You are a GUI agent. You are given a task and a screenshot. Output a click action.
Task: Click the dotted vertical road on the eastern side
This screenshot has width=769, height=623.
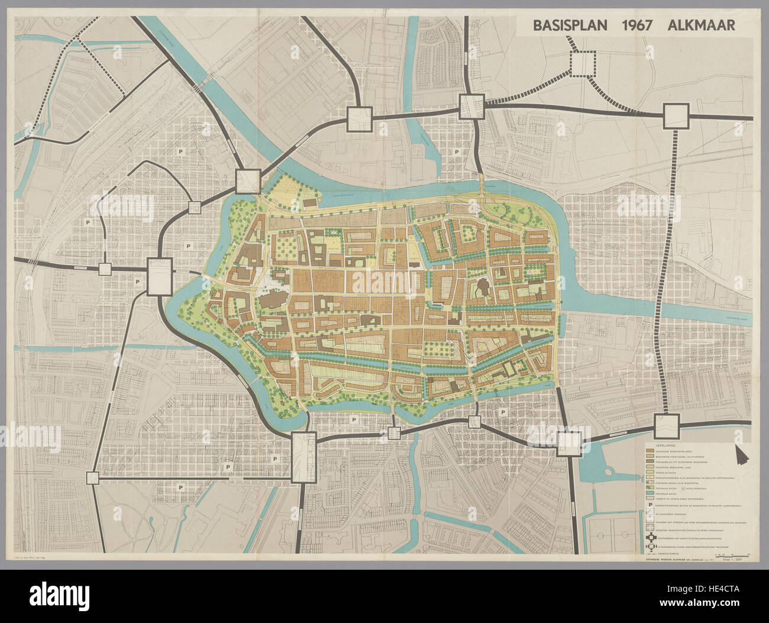click(674, 266)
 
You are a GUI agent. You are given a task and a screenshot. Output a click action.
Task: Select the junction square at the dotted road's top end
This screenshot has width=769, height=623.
click(676, 115)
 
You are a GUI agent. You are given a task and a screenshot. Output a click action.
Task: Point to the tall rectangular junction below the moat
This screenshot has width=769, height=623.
click(304, 456)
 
